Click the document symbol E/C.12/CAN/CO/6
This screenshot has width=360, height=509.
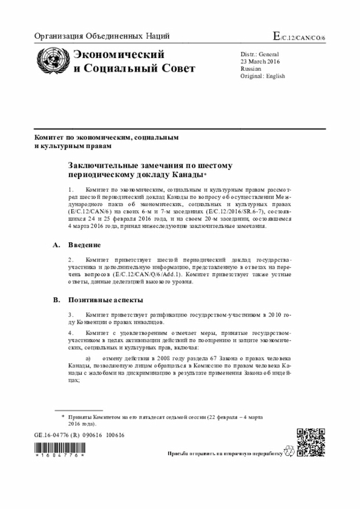pos(303,37)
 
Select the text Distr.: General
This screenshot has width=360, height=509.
pos(263,53)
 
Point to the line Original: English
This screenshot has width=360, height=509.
pos(263,76)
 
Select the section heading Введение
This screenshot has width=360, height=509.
pos(84,245)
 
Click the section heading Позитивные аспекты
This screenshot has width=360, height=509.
pos(105,300)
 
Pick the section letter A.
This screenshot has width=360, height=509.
pos(56,245)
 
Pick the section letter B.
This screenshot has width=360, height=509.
pos(56,300)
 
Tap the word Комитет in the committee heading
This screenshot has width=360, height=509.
pos(49,137)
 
